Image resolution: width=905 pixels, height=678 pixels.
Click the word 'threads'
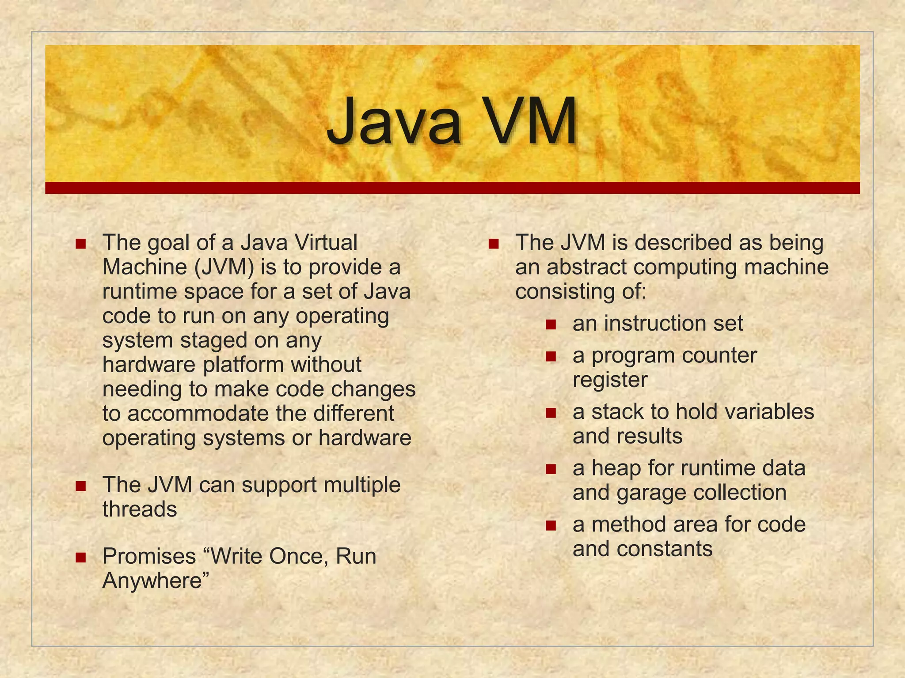(140, 509)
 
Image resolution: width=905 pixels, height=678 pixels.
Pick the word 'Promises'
(149, 556)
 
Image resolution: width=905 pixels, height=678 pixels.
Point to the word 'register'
(610, 380)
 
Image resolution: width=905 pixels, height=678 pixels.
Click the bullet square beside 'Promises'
(80, 557)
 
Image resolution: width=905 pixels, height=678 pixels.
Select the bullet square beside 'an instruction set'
(551, 324)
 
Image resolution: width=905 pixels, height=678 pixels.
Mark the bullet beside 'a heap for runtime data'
(551, 469)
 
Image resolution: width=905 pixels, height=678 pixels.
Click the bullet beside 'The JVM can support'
(80, 486)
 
